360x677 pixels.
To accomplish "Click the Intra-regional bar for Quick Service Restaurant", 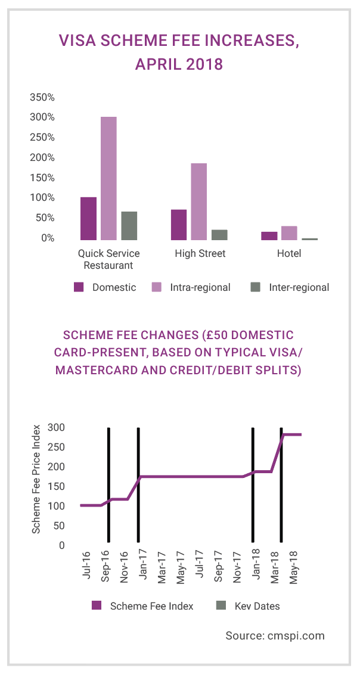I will coord(108,178).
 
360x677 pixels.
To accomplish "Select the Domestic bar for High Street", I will coord(179,224).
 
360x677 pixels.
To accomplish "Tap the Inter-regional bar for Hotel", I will coord(309,238).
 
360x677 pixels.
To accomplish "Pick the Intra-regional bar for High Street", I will coord(198,201).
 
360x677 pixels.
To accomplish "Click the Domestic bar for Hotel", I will coord(269,235).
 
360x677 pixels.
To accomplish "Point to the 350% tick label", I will coord(42,97).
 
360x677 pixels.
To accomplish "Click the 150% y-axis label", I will coord(42,178).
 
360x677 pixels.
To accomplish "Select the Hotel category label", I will coord(289,253).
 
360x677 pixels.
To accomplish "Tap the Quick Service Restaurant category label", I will coord(108,259).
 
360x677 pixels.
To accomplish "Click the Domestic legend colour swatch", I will coord(79,287).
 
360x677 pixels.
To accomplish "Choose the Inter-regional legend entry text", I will coord(299,287).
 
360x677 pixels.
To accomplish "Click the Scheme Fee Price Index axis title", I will coord(36,479).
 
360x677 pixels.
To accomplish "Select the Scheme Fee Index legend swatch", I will coord(97,606).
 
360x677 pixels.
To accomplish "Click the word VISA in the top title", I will coord(76,41).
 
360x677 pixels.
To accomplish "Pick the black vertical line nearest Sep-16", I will coord(108,485).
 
